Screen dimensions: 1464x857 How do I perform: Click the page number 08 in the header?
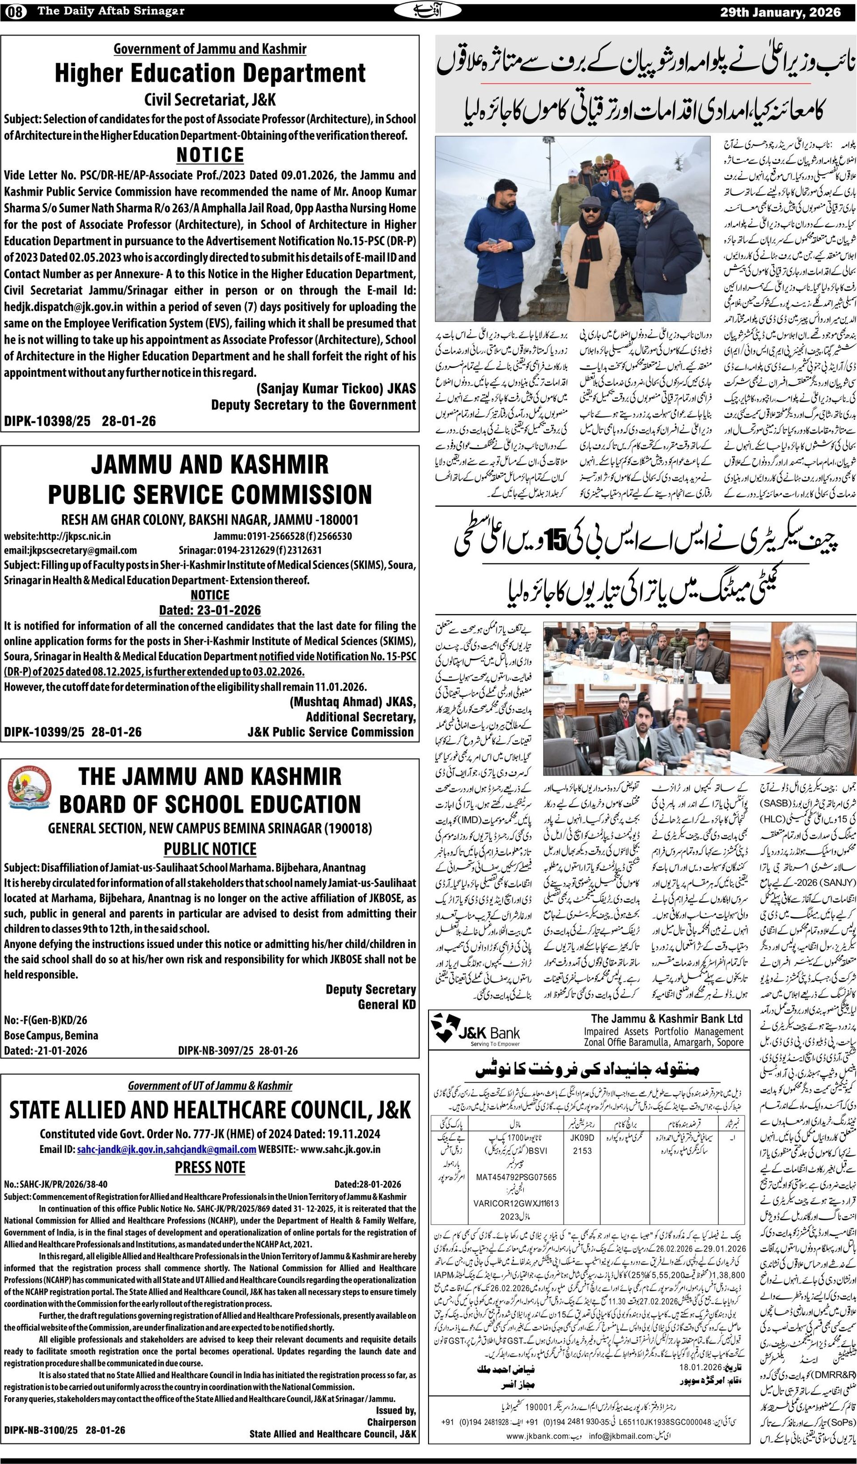tap(19, 12)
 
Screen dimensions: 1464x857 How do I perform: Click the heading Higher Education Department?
tap(210, 74)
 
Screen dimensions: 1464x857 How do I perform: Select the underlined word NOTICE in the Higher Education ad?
tap(210, 155)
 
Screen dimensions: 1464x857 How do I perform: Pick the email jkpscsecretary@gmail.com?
tap(70, 550)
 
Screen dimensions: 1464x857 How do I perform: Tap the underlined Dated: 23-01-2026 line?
tap(210, 610)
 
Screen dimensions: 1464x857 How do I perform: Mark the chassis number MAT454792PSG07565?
tap(516, 1189)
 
